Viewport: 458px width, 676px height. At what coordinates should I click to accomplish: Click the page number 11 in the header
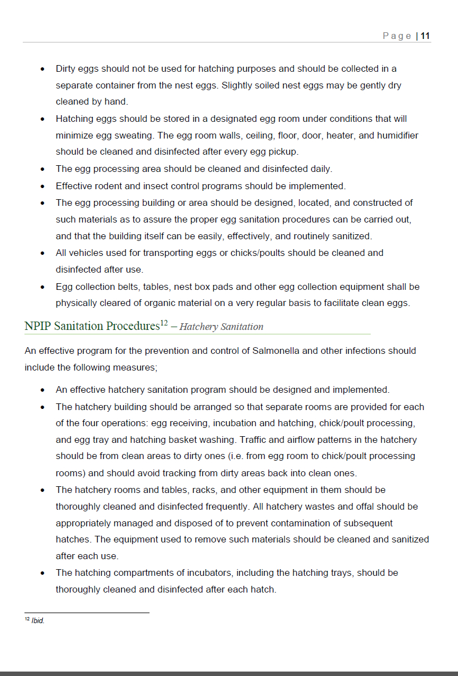425,36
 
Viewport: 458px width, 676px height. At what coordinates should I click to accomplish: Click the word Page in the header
397,36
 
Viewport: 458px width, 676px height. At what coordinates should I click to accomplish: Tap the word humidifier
397,135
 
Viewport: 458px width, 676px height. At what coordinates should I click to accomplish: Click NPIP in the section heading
38,326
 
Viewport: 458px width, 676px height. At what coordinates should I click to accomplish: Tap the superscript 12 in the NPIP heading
164,323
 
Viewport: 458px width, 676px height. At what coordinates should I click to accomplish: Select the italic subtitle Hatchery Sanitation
221,327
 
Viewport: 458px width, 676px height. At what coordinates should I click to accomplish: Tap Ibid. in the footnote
38,621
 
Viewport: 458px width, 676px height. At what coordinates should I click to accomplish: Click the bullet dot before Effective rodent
43,186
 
